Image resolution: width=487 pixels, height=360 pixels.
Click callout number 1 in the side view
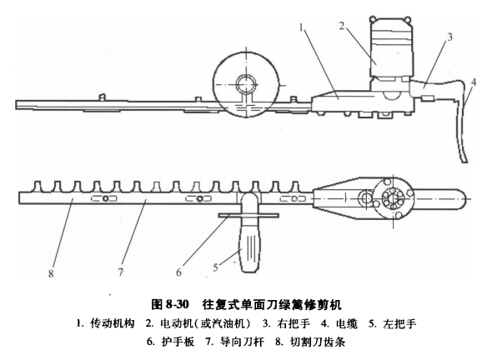click(301, 27)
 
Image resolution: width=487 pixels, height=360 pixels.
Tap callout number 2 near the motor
click(342, 26)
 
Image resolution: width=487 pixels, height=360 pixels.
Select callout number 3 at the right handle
click(449, 37)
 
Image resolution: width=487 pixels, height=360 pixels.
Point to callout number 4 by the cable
click(473, 82)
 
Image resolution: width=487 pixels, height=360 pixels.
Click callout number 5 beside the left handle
click(216, 267)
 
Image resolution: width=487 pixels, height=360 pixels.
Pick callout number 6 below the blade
click(178, 272)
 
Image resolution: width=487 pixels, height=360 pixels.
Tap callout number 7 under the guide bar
click(121, 272)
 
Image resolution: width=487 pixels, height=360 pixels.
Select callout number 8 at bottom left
click(51, 273)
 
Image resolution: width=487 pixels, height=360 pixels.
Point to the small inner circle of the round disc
click(247, 84)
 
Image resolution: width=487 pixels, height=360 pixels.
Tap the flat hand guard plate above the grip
click(249, 215)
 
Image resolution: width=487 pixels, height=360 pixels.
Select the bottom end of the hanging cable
click(464, 161)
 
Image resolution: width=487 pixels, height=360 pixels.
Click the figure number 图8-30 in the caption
click(170, 304)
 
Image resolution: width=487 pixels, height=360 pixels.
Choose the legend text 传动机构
click(113, 323)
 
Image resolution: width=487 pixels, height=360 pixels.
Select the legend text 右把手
click(294, 323)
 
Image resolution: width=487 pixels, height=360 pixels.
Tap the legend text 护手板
click(178, 342)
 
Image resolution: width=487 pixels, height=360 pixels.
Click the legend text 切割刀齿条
click(318, 342)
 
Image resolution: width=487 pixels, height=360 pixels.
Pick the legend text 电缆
click(347, 323)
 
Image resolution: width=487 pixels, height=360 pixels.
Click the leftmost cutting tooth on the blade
click(38, 187)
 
